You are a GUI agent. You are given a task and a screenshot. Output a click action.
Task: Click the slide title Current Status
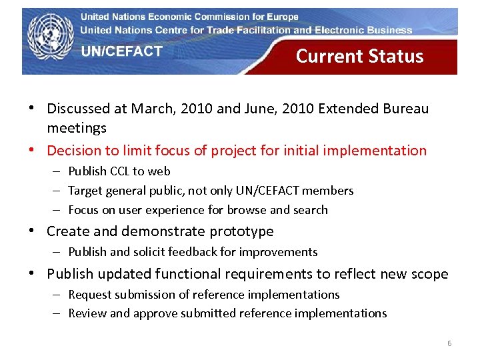tap(359, 56)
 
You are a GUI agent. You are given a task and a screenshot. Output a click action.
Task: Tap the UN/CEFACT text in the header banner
tap(122, 51)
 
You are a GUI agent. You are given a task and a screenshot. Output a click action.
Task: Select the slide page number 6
tap(449, 343)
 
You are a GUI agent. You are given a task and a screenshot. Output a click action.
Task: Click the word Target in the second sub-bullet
tap(83, 191)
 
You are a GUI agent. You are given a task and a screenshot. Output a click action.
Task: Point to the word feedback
tap(191, 252)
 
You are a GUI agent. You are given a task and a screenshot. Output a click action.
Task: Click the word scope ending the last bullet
tap(430, 274)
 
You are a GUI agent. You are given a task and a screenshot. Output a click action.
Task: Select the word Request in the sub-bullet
tap(89, 295)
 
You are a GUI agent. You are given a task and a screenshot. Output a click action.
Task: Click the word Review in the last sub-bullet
tap(85, 313)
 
